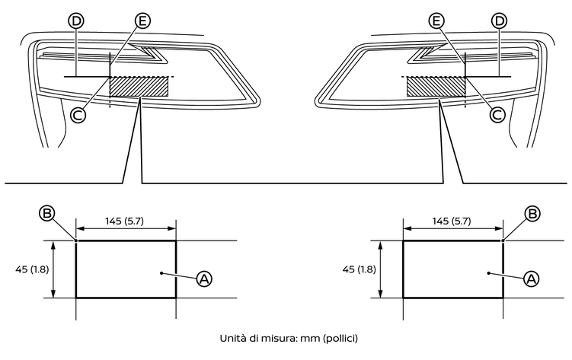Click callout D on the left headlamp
(x=75, y=21)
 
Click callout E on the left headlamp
(x=142, y=21)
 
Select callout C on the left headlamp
(x=77, y=114)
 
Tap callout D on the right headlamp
(x=499, y=21)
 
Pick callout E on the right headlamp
(x=435, y=21)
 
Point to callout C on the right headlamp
(x=497, y=114)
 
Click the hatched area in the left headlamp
(x=139, y=86)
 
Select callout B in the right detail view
(x=532, y=214)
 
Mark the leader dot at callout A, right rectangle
(x=489, y=271)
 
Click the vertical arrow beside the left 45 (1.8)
(x=53, y=269)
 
